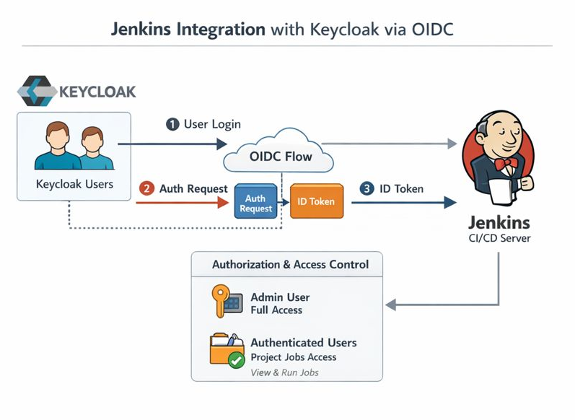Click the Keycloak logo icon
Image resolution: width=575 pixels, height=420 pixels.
pos(35,91)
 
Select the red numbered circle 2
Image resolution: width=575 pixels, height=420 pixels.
pos(147,189)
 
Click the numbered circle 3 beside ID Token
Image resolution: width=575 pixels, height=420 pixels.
pos(367,189)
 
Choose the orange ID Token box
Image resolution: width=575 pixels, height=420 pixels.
pos(316,201)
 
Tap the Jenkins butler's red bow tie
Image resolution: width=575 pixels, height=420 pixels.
pos(503,164)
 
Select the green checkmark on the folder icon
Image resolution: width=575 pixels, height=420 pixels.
pos(236,360)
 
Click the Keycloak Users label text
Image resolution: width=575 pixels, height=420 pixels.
pos(74,184)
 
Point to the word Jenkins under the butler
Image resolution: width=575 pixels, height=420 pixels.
pos(499,222)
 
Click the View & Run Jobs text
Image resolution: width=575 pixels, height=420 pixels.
pos(284,372)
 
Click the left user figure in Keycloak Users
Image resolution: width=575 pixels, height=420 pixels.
pos(56,146)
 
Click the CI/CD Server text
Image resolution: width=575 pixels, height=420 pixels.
pos(499,238)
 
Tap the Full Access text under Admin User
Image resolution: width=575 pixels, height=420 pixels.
pos(276,310)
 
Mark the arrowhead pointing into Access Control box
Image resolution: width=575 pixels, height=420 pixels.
pos(391,305)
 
